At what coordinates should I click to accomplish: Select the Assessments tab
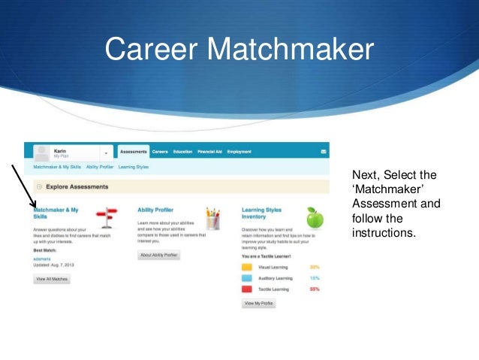click(134, 152)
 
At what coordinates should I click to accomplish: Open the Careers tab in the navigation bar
click(160, 152)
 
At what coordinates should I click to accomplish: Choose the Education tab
click(182, 152)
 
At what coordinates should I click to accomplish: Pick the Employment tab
click(239, 152)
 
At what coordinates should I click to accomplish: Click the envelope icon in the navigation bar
click(323, 152)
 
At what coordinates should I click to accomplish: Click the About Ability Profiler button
click(159, 256)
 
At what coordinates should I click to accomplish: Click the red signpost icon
click(110, 217)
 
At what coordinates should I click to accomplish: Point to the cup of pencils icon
click(212, 218)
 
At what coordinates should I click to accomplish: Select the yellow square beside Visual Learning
click(247, 267)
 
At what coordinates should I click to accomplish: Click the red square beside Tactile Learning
click(247, 289)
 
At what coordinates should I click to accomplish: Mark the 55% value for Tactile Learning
click(315, 289)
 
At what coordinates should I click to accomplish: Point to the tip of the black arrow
click(35, 208)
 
